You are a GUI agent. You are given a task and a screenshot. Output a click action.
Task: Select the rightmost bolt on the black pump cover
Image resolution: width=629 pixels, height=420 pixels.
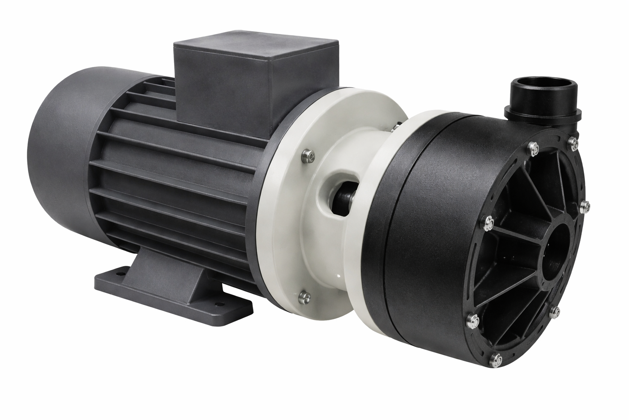tap(585, 204)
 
